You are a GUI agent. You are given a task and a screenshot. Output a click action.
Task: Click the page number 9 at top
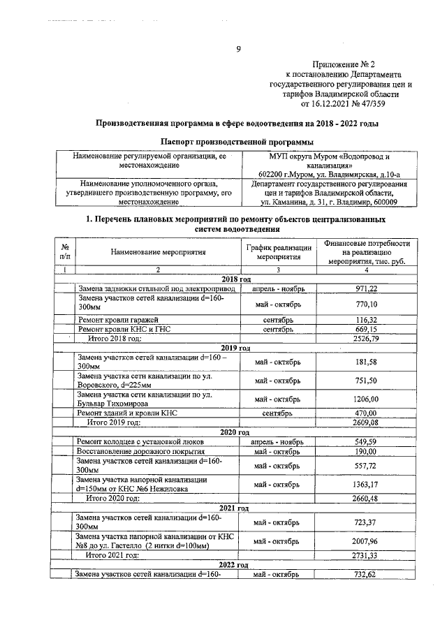[238, 49]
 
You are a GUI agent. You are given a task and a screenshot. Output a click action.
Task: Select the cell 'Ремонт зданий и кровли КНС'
[128, 413]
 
